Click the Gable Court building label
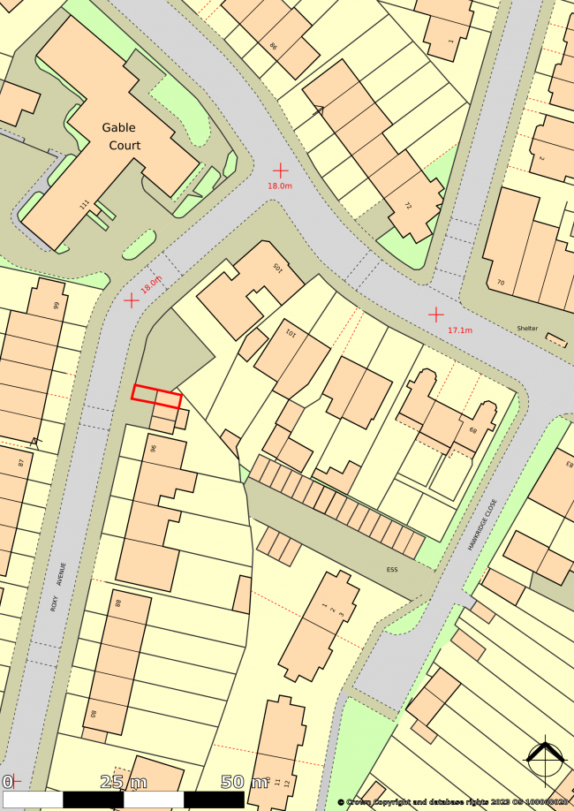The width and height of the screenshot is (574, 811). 125,137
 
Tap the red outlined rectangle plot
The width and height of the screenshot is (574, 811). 156,397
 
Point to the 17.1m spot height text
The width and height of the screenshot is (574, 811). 460,330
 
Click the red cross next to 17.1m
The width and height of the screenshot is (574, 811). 436,314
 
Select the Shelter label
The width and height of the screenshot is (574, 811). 527,329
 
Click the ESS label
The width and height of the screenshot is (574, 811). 392,569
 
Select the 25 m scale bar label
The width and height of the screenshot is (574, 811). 124,782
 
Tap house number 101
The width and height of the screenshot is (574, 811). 290,335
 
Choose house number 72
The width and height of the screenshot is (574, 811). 408,207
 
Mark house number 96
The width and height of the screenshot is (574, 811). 153,448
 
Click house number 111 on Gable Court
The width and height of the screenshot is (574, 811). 85,205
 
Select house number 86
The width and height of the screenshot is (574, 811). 273,47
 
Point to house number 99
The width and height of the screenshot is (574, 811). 57,306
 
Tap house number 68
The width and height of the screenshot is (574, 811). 473,430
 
